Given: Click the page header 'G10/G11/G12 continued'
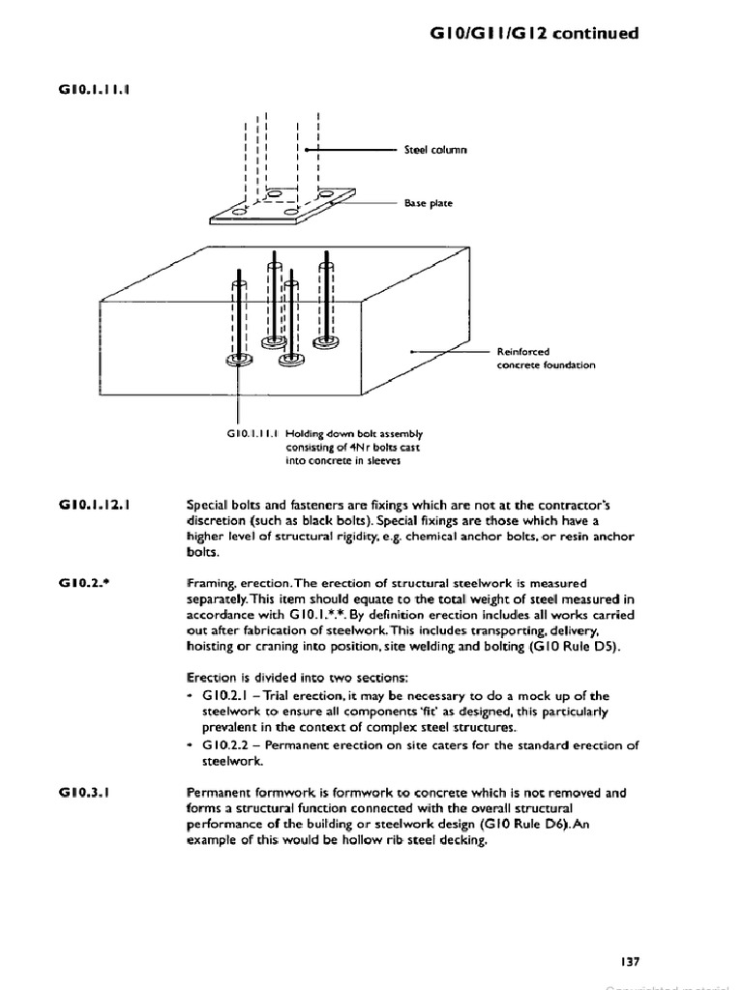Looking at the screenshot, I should [532, 33].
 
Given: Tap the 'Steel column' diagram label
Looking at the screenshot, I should [435, 150].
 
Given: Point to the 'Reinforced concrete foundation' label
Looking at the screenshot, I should [546, 359].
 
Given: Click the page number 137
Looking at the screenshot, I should [629, 961].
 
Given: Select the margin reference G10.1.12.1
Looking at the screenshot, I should [95, 505].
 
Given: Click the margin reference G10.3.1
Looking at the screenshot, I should [83, 792].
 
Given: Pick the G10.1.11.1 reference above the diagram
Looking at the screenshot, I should [95, 91].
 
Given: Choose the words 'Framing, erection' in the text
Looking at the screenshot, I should [237, 583].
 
